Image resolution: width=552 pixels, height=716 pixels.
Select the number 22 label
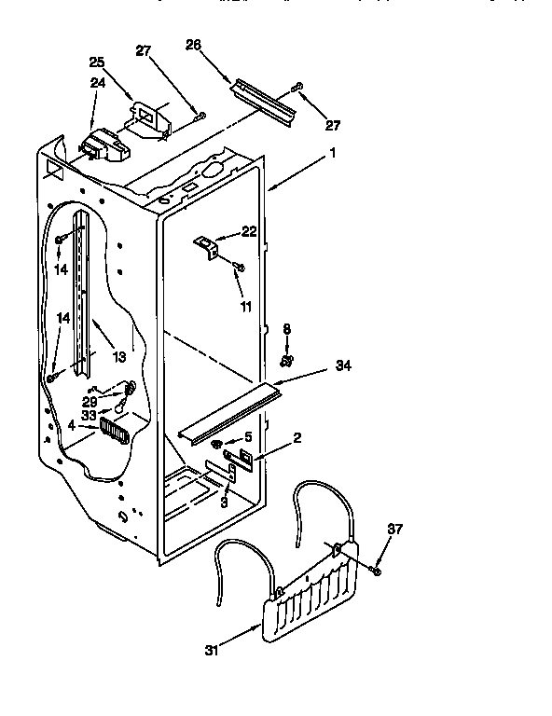pos(248,232)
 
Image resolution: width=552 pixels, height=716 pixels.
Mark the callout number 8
pos(287,328)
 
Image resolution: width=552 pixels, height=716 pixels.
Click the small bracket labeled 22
pos(207,246)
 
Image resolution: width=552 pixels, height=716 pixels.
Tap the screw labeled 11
pos(240,268)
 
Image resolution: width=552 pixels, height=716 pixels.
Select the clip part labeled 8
pos(287,360)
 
